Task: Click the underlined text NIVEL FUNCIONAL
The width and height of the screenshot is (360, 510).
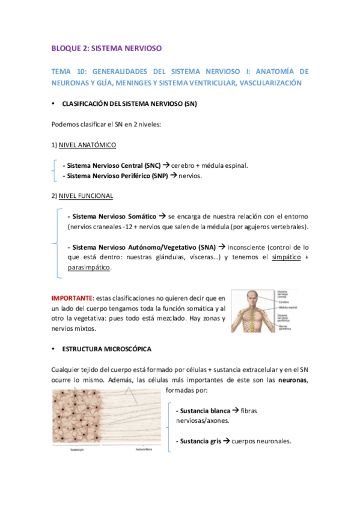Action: point(85,196)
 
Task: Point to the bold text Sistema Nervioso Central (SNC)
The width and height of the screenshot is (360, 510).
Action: point(114,165)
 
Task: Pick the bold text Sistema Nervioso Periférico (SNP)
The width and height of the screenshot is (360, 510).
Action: point(116,176)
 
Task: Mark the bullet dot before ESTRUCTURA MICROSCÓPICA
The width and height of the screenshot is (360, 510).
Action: point(54,349)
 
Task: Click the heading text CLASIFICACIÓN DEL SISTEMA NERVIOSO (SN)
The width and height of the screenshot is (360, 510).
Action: point(130,104)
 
